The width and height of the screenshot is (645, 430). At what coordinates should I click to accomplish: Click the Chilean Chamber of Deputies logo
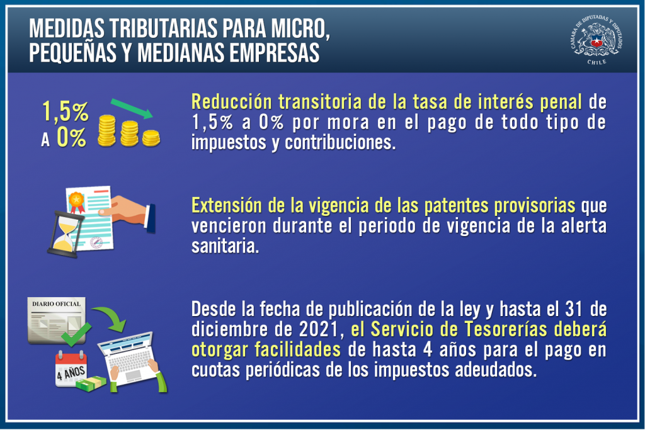(x=596, y=40)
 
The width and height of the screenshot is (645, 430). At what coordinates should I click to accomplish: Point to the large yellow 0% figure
(x=72, y=137)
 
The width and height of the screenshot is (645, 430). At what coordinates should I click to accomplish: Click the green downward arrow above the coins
(x=132, y=108)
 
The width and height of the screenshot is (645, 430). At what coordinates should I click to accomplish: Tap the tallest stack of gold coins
(x=107, y=130)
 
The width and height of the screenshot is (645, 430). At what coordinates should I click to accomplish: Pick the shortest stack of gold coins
(x=151, y=138)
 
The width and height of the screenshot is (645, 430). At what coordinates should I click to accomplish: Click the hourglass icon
(x=66, y=234)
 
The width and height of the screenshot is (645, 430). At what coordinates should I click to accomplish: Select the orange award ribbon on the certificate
(x=76, y=202)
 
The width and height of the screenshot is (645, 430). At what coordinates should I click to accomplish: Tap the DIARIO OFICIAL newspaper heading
(x=56, y=304)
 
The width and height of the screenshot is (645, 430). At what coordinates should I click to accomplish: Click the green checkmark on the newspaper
(x=76, y=335)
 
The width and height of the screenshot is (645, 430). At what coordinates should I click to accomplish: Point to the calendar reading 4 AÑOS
(x=71, y=369)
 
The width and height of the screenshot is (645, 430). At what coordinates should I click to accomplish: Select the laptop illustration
(x=131, y=359)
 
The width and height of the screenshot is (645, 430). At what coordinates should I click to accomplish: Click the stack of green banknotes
(x=91, y=384)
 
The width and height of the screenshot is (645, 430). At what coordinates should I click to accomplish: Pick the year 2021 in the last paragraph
(x=319, y=329)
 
